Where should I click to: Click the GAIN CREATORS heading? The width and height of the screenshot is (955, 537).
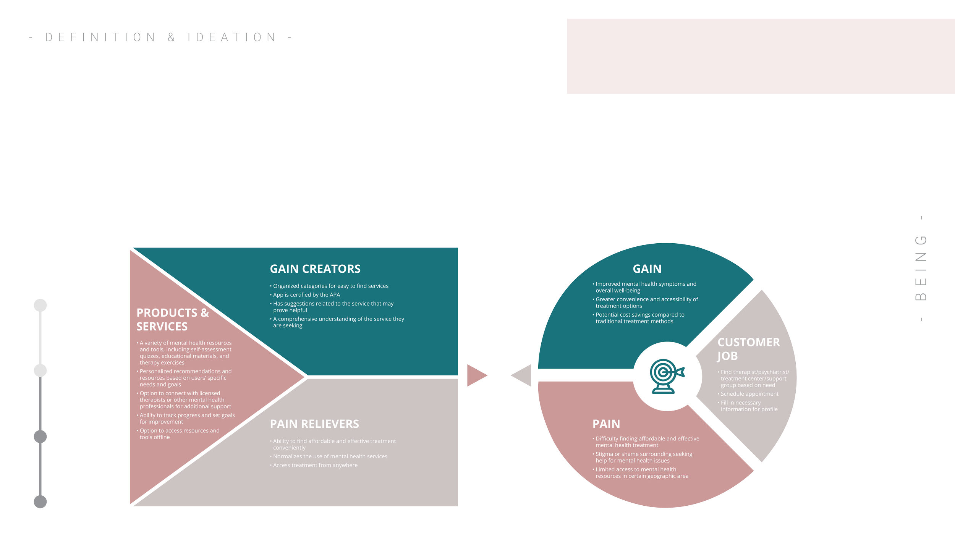[315, 269]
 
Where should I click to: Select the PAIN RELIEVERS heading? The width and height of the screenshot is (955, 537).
[314, 424]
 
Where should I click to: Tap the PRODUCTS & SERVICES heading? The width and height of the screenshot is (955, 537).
[173, 320]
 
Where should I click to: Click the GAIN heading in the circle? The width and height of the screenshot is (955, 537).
[647, 269]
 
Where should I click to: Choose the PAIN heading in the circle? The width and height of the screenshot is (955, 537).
[606, 424]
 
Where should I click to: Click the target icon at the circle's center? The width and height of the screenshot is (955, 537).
[667, 376]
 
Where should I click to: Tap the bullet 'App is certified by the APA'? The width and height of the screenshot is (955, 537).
[306, 295]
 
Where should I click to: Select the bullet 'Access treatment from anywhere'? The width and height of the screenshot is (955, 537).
[315, 465]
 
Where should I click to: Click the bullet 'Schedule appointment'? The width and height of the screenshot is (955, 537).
[749, 394]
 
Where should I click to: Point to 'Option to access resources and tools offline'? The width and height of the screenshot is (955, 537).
[179, 434]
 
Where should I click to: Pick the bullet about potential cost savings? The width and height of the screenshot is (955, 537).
[640, 318]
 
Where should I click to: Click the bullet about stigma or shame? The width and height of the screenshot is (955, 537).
[644, 457]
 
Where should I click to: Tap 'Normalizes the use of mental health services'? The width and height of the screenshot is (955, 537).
[330, 456]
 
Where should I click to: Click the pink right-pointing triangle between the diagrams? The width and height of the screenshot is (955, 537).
[476, 375]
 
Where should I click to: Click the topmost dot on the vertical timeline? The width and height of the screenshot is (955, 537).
[40, 306]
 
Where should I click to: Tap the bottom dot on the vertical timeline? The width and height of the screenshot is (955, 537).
[40, 501]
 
